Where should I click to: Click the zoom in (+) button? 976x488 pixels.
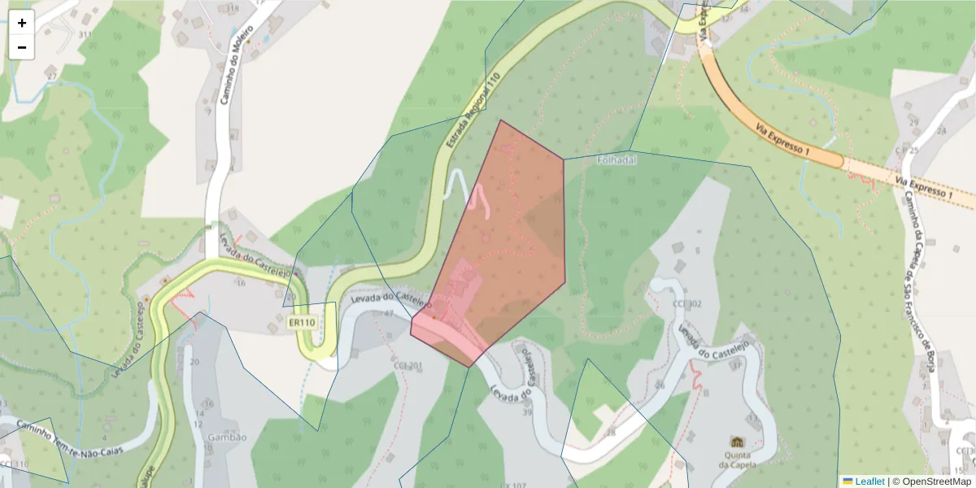(22, 23)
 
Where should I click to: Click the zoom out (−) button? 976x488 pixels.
(22, 47)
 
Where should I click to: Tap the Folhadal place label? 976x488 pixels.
(616, 160)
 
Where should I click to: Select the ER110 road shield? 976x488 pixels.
(302, 323)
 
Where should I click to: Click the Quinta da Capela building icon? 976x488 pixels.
(738, 442)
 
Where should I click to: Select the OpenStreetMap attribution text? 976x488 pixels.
(931, 481)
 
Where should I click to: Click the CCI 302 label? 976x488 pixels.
(686, 304)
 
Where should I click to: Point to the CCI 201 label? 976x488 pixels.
(407, 366)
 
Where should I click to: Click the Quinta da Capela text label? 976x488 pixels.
(738, 460)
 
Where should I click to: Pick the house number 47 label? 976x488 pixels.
(388, 313)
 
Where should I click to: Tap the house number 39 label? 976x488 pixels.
(527, 412)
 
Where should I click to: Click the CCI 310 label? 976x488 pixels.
(14, 464)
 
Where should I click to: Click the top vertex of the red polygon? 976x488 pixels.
(501, 120)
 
